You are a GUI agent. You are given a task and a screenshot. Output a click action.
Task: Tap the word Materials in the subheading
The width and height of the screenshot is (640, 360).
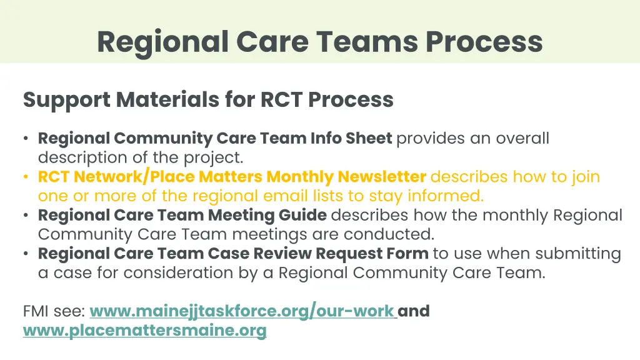coord(165,99)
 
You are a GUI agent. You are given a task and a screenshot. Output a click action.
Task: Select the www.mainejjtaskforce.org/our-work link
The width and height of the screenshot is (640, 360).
coord(242,311)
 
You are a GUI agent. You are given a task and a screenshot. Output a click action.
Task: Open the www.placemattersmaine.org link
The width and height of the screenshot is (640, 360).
coord(144,331)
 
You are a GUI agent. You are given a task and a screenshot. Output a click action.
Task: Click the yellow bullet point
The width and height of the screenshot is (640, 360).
coord(24,177)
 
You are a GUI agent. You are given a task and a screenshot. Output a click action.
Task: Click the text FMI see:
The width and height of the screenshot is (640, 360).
coord(54,311)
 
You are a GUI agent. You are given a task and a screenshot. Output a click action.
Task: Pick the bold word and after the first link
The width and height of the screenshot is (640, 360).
coord(414,311)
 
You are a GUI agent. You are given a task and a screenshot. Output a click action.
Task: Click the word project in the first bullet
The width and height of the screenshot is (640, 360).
coord(212,157)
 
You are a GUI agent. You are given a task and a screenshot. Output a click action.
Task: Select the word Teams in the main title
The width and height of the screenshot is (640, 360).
coord(366,42)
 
